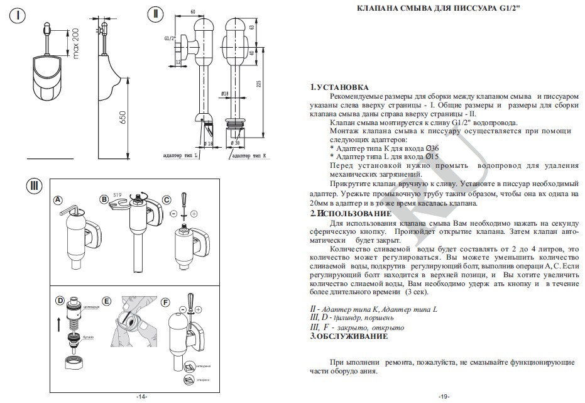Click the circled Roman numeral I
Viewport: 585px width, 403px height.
(21, 16)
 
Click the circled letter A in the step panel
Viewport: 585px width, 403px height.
(58, 200)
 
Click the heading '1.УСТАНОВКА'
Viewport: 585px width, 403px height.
(340, 87)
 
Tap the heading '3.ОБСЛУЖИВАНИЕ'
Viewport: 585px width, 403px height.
(349, 336)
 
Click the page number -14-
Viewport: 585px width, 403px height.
(141, 397)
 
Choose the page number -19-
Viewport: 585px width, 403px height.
(444, 397)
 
